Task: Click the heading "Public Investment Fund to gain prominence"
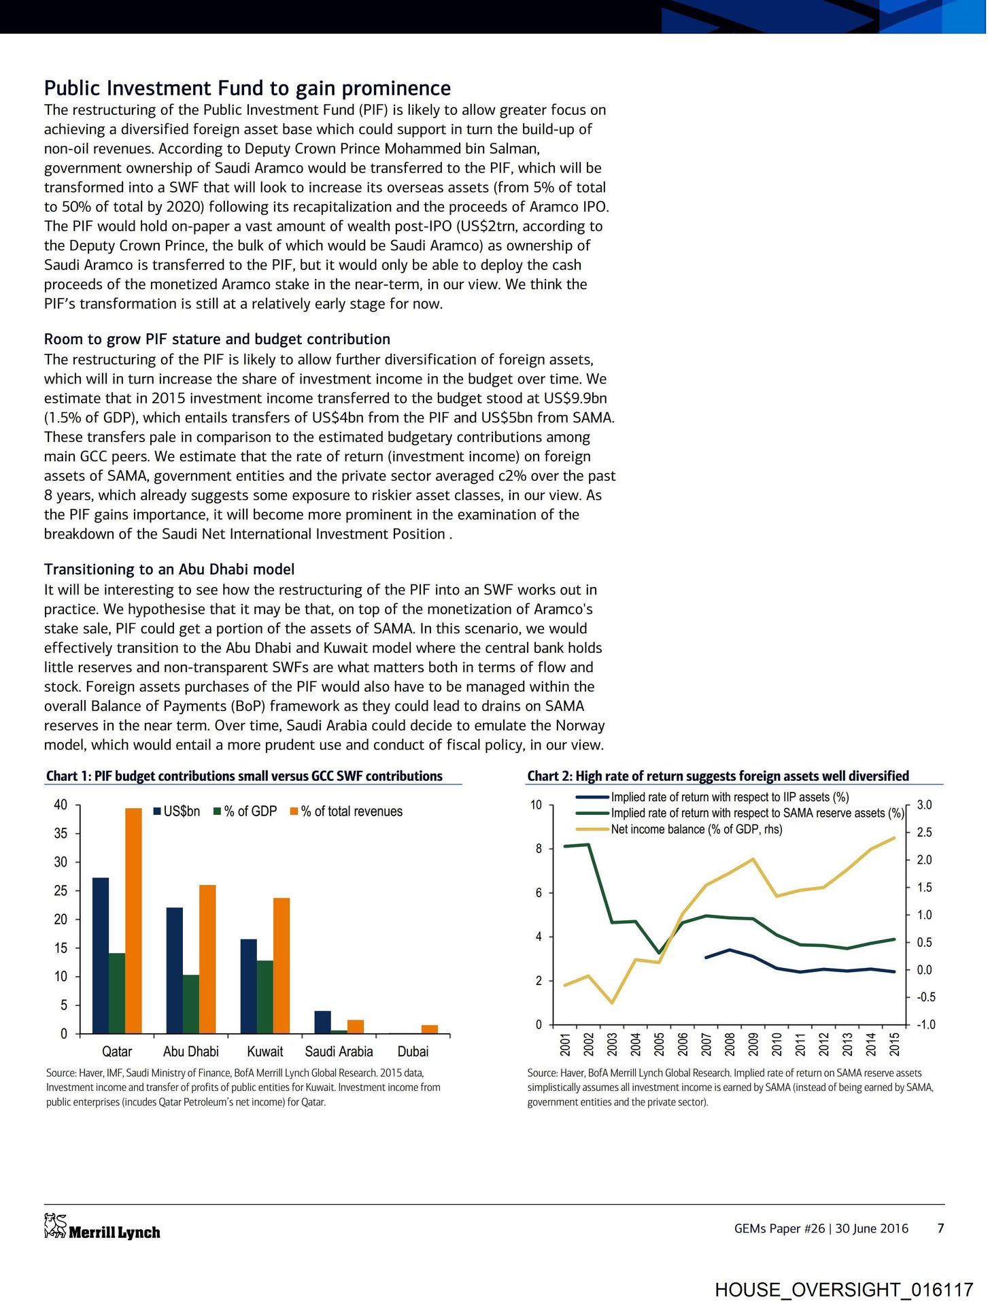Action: [248, 88]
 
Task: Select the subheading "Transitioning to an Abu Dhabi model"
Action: [169, 569]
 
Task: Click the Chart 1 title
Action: [244, 776]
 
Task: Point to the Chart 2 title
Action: [718, 776]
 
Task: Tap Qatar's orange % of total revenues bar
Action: [133, 921]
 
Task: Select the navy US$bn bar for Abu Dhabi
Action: [175, 971]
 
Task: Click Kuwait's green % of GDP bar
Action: [265, 997]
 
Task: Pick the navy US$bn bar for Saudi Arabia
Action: [323, 1022]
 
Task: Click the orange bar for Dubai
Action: [430, 1029]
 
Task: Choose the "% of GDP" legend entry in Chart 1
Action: [245, 811]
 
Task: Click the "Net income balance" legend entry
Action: [696, 829]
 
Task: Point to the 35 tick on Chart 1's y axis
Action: [61, 834]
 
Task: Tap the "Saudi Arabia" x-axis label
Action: [339, 1052]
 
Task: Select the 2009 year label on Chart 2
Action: [753, 1044]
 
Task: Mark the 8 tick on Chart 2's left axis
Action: [539, 849]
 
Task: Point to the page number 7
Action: [941, 1228]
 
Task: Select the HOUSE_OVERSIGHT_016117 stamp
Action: [844, 1290]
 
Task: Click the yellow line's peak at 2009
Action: [753, 859]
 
